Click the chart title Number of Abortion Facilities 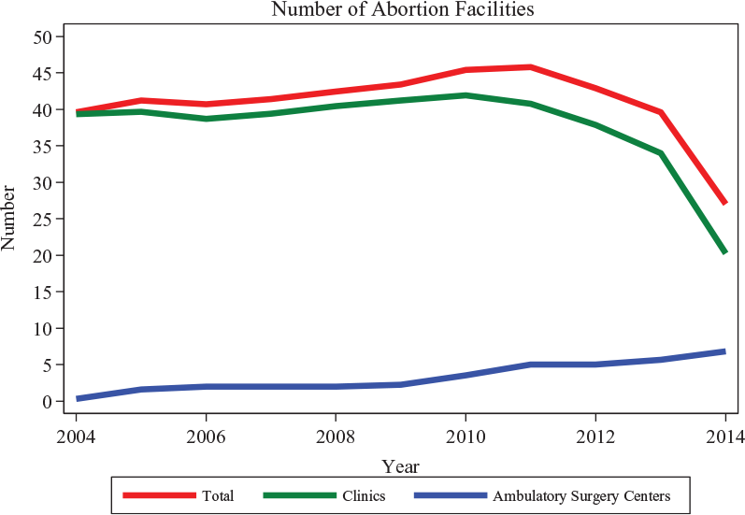(403, 9)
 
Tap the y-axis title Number (8, 218)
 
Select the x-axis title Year (400, 466)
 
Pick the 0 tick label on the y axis (47, 402)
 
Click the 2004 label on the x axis (76, 436)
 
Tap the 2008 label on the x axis (336, 436)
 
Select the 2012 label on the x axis (595, 436)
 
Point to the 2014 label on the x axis (725, 436)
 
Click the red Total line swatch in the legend (159, 495)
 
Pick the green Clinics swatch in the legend (299, 495)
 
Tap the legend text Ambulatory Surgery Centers (581, 496)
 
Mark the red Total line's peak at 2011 (530, 67)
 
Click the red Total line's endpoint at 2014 (725, 203)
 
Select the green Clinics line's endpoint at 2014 (725, 251)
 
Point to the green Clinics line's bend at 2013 (661, 153)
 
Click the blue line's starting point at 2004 (77, 398)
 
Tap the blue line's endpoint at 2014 (725, 351)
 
